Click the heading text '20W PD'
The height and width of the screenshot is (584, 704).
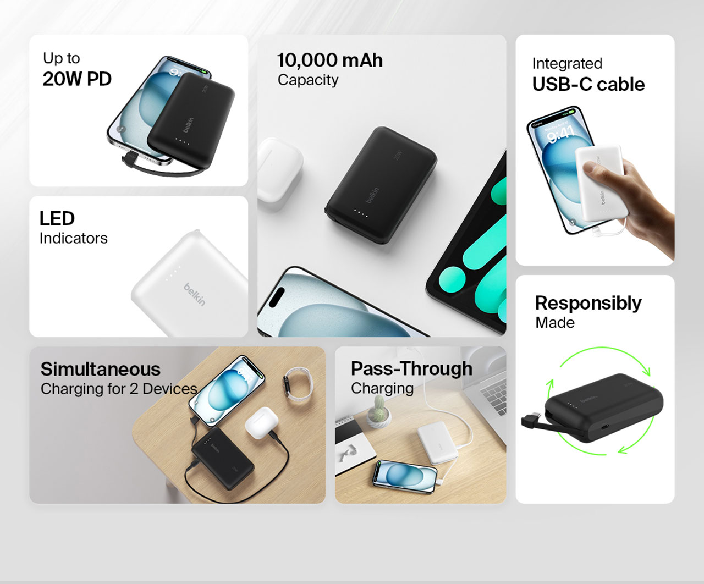point(77,79)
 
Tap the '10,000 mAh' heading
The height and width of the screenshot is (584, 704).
point(330,60)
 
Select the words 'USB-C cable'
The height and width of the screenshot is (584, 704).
point(588,84)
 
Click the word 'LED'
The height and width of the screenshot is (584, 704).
point(57,218)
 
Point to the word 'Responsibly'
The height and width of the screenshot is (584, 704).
point(588,304)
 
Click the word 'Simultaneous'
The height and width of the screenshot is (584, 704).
point(101,369)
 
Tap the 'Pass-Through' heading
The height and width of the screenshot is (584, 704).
point(411,368)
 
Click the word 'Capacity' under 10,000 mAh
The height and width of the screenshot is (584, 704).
point(308,80)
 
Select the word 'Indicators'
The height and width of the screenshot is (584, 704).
point(74,238)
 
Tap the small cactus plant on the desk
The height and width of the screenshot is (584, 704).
point(380,411)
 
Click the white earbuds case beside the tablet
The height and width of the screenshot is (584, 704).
point(280,170)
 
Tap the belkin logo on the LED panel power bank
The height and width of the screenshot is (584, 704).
point(195,295)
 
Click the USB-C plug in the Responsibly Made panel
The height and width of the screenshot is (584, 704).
point(531,421)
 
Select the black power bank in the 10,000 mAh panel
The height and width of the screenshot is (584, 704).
point(381,185)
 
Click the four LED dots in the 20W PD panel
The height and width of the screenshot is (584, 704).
point(182,141)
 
